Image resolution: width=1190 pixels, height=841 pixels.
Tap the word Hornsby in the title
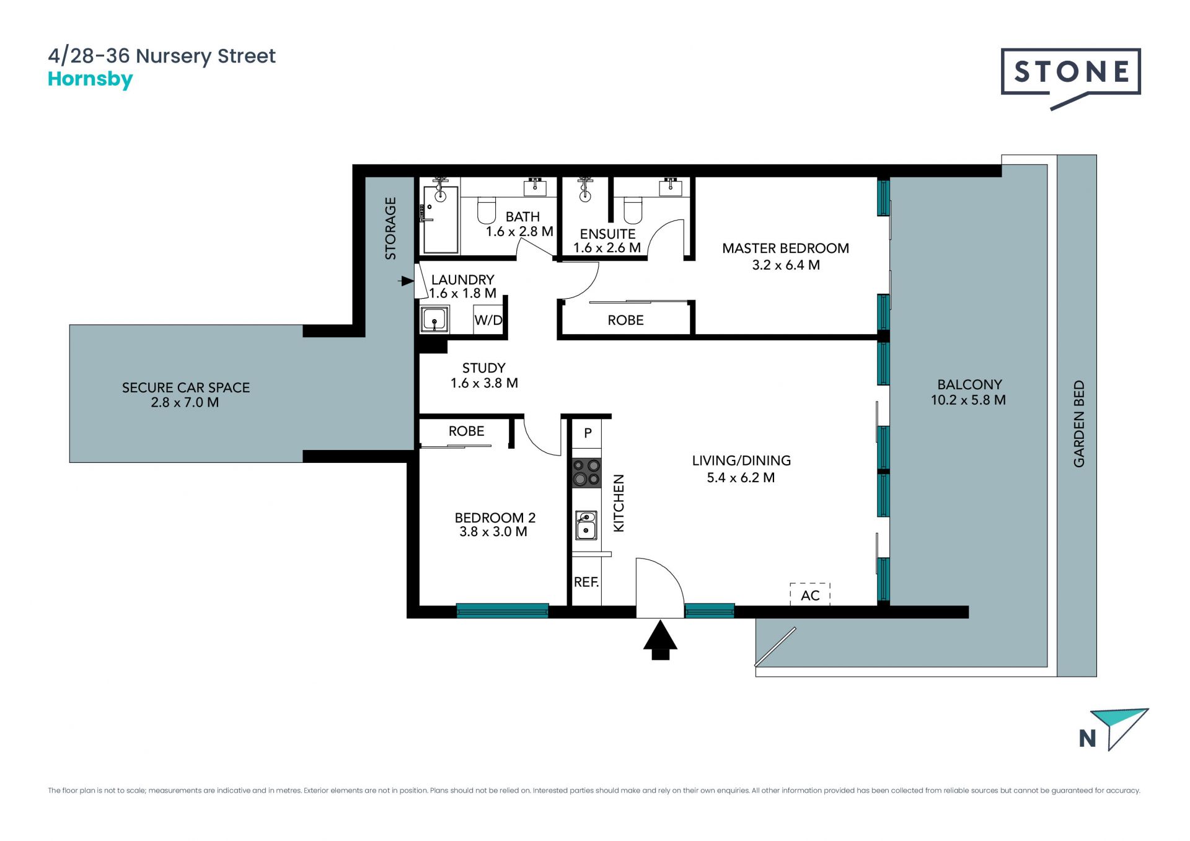90,80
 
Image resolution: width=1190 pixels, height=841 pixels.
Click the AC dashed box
810,594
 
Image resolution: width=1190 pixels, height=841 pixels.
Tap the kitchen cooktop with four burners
586,472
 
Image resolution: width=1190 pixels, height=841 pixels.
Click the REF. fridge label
586,583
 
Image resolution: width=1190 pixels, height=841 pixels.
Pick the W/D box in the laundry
488,320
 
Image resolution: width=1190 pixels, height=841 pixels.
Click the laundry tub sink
435,320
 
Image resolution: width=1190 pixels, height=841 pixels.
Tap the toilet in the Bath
487,210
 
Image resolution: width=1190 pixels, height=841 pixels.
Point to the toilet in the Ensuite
633,210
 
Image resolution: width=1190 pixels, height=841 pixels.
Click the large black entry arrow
660,640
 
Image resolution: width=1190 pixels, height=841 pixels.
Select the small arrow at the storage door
406,281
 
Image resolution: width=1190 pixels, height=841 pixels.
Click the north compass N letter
1087,739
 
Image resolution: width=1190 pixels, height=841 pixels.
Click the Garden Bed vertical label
1079,424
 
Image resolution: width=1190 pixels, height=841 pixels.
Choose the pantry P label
588,433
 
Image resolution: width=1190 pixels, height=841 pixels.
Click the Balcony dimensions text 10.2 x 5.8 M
968,400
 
